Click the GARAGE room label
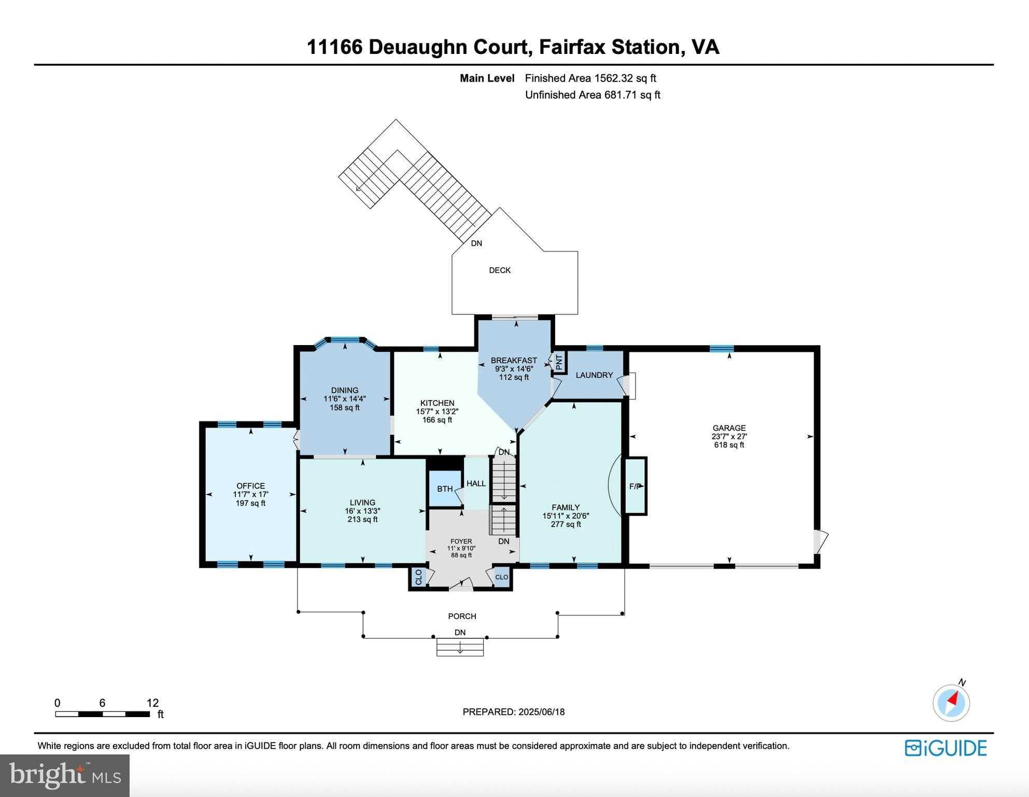pyautogui.click(x=729, y=428)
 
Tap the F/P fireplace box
pyautogui.click(x=636, y=486)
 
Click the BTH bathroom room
pyautogui.click(x=444, y=488)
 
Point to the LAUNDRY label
pyautogui.click(x=594, y=375)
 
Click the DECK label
pyautogui.click(x=500, y=270)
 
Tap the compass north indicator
pyautogui.click(x=951, y=703)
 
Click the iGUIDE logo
pyautogui.click(x=946, y=748)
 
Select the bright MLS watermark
pyautogui.click(x=65, y=775)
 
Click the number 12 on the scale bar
pyautogui.click(x=152, y=703)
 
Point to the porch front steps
pyautogui.click(x=460, y=647)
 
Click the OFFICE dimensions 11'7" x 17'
pyautogui.click(x=250, y=494)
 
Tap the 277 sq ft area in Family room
pyautogui.click(x=566, y=524)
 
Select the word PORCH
pyautogui.click(x=462, y=616)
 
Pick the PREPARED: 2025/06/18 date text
pyautogui.click(x=513, y=712)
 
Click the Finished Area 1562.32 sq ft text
pyautogui.click(x=590, y=78)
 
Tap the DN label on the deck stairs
pyautogui.click(x=476, y=243)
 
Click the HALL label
pyautogui.click(x=476, y=484)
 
